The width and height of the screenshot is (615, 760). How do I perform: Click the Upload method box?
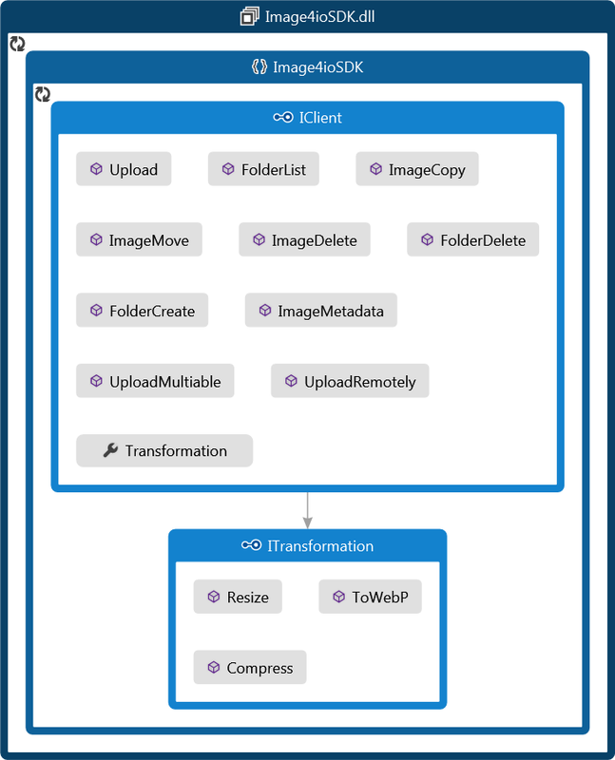pos(124,169)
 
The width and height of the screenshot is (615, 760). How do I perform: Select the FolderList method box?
pos(263,169)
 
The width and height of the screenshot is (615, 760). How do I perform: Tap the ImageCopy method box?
pos(417,169)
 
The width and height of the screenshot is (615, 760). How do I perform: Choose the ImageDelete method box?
pos(304,240)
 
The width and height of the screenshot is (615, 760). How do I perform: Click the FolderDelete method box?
pos(473,240)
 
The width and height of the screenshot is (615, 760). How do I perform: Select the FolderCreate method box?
pos(143,311)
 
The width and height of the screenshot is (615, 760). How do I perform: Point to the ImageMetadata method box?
pos(321,311)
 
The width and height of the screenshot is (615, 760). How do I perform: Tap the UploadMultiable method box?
pos(155,382)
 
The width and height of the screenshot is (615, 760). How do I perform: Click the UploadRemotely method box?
pos(350,382)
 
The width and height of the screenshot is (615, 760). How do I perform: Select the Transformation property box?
pos(164,451)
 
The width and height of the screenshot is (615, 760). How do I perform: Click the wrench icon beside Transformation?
pos(109,451)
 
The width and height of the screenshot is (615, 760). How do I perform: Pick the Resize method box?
pos(238,598)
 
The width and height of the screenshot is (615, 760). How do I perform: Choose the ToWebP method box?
pos(371,598)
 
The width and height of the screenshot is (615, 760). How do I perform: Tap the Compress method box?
pos(250,668)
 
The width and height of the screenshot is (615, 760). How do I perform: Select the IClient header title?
pos(320,118)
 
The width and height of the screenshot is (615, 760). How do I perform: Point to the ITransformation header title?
pos(320,546)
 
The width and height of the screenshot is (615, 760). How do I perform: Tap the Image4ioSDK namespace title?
pos(318,67)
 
